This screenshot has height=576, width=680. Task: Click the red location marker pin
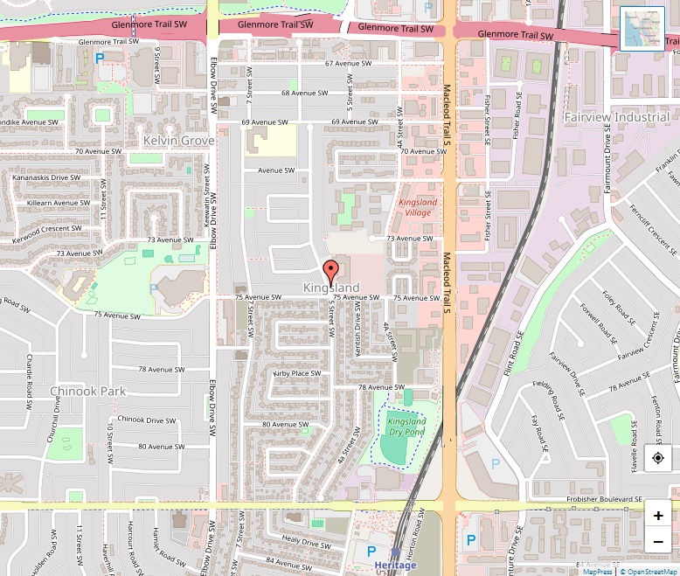tap(330, 270)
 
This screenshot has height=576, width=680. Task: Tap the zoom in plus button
tap(658, 516)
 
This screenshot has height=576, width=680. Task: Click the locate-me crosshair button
tap(658, 457)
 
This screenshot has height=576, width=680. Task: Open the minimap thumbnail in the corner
tap(642, 29)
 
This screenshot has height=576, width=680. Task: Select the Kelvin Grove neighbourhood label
tap(178, 140)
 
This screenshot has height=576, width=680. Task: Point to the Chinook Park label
tap(88, 391)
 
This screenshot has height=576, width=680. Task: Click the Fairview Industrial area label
tap(616, 117)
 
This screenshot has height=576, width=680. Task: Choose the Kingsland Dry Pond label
tap(406, 427)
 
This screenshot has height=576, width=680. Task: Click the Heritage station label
tap(395, 565)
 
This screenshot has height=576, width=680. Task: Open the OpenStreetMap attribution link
tap(649, 572)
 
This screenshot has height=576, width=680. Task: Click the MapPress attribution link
tap(598, 572)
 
